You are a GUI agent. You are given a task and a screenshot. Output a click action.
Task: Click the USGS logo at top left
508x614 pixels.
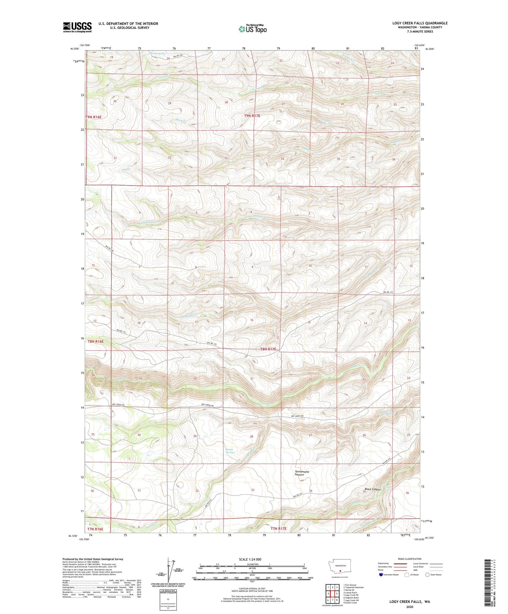point(77,27)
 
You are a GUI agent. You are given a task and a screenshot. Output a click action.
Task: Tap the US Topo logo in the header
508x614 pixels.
point(252,29)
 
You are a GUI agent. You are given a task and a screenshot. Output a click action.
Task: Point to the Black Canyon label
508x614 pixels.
point(372,490)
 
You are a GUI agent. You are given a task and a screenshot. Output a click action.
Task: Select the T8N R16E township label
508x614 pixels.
point(96,341)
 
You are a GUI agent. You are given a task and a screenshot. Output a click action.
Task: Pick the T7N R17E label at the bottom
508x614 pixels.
point(278,529)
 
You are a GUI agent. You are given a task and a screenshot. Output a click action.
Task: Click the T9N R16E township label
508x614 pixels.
point(94,117)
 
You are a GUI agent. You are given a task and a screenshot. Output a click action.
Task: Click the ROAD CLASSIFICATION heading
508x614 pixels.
point(410,559)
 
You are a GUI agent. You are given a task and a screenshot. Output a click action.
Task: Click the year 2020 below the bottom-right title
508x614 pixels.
point(409,607)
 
